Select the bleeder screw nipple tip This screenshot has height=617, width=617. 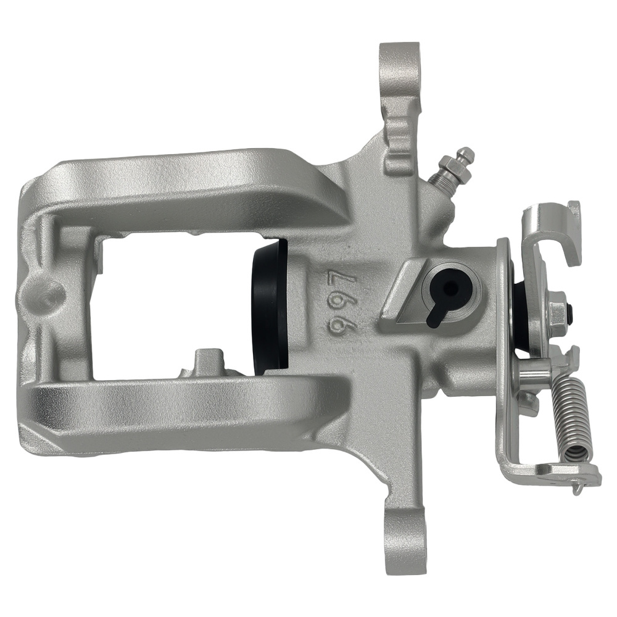[x=466, y=154]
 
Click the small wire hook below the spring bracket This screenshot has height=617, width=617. [x=577, y=487]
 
